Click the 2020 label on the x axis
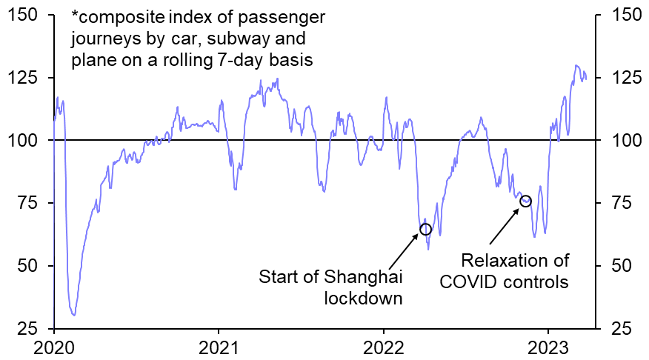click(54, 347)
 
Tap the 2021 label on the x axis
click(219, 347)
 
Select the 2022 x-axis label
click(383, 347)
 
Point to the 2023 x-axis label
click(548, 347)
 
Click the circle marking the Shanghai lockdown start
click(425, 229)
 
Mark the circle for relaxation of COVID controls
click(526, 201)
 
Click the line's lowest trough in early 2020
click(73, 315)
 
